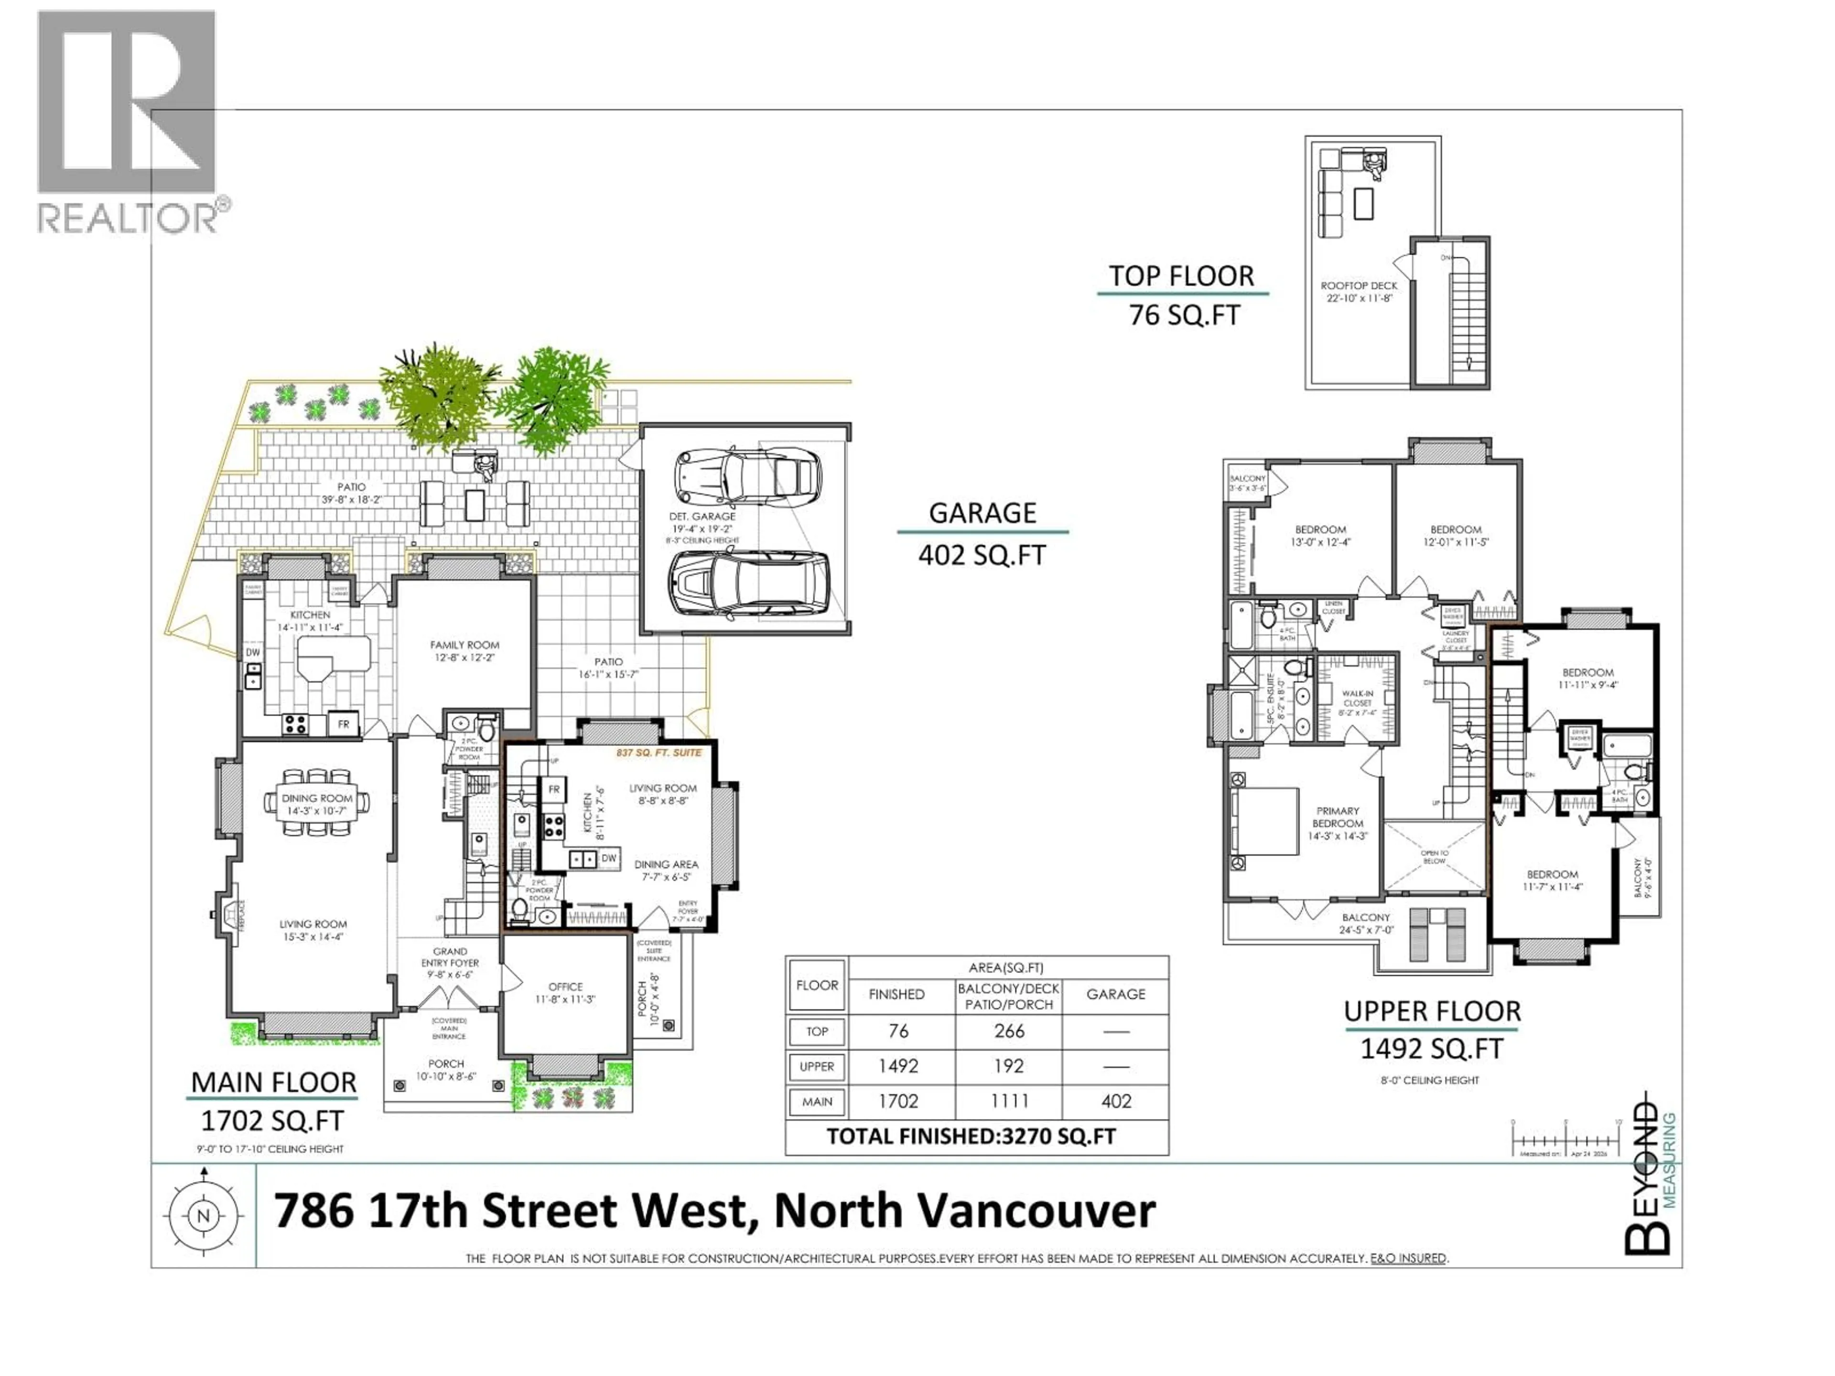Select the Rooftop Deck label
click(1359, 291)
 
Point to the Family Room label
click(464, 650)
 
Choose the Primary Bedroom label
click(1337, 823)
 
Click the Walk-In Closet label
click(1357, 702)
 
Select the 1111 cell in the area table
click(1009, 1101)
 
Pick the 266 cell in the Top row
click(1009, 1031)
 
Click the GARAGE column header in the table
click(1116, 994)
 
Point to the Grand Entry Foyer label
click(450, 962)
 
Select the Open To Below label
click(1435, 857)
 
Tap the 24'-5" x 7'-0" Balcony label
click(1365, 923)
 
